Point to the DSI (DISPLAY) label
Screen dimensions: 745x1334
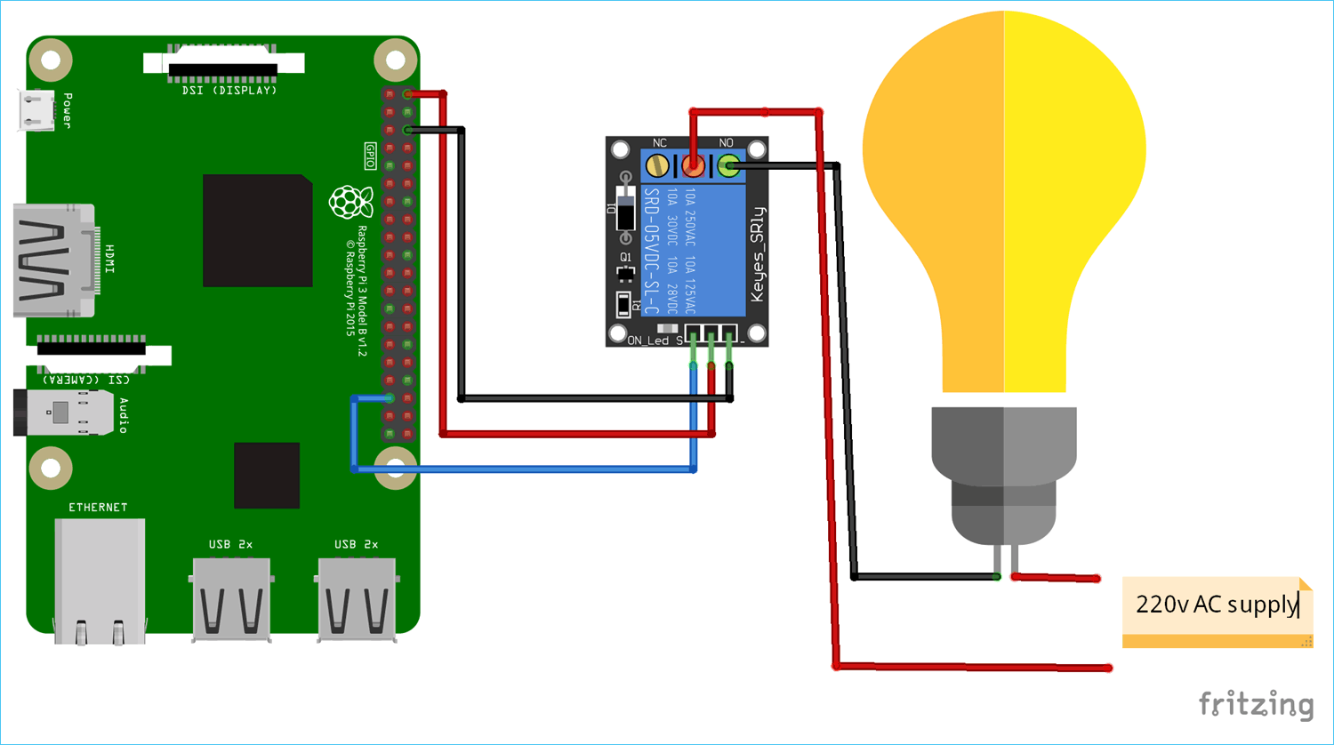229,91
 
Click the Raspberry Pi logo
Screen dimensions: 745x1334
351,203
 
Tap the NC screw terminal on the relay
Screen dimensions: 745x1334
657,165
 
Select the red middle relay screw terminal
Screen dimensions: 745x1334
693,165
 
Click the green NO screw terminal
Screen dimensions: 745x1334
728,165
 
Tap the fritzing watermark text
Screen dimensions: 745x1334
1256,704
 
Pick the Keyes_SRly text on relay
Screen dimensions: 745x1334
757,255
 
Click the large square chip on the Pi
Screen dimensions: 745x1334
257,231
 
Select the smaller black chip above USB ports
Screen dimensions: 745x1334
267,476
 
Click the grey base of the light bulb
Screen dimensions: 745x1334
1004,471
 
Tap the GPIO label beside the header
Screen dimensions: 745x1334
371,156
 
